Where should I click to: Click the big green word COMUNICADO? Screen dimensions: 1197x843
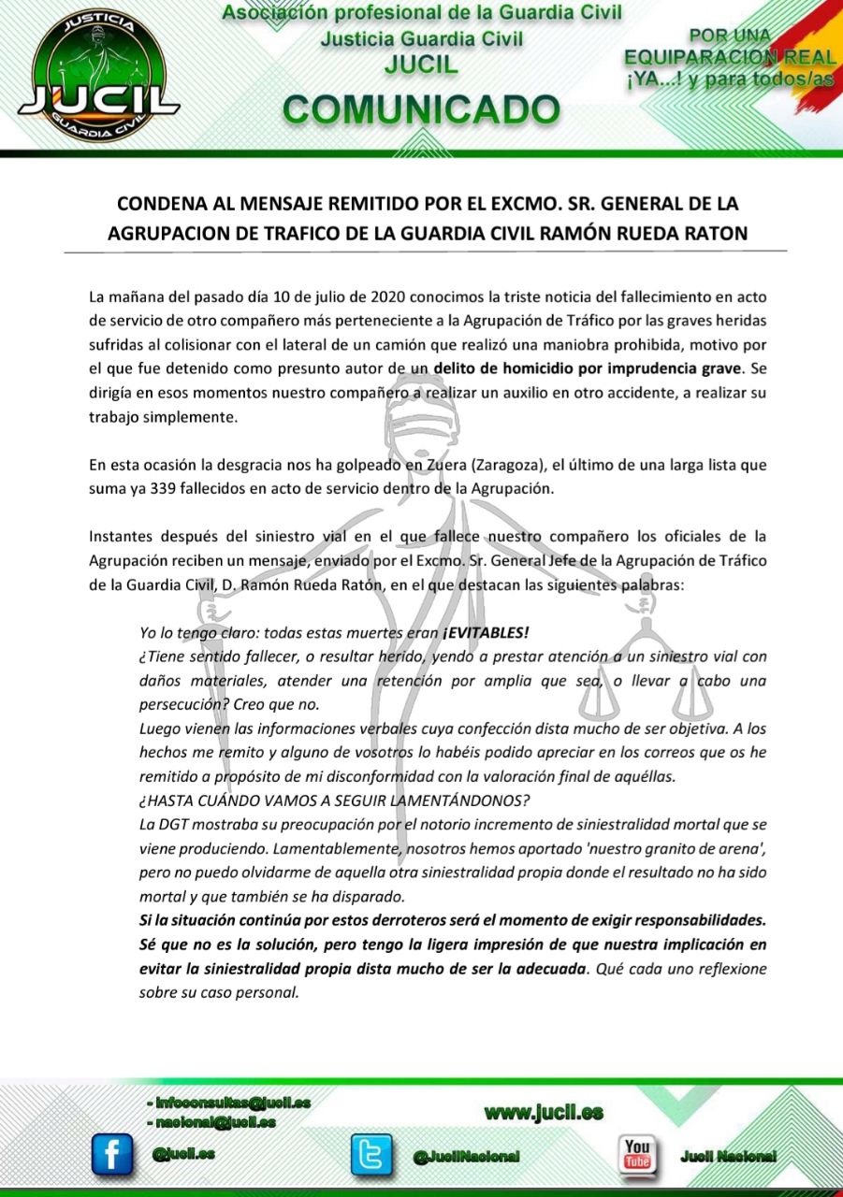pyautogui.click(x=421, y=109)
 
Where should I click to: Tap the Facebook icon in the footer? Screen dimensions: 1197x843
pyautogui.click(x=112, y=1154)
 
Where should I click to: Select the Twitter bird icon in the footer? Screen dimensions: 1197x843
pyautogui.click(x=371, y=1154)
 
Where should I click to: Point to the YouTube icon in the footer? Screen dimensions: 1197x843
pyautogui.click(x=638, y=1153)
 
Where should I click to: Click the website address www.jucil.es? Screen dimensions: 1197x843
pyautogui.click(x=544, y=1112)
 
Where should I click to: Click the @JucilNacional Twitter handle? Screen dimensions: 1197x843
pyautogui.click(x=466, y=1157)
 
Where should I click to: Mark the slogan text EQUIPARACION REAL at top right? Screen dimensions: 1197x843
pyautogui.click(x=729, y=58)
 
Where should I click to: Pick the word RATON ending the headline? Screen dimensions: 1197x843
pyautogui.click(x=717, y=233)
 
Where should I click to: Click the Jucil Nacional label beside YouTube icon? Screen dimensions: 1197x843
pyautogui.click(x=728, y=1156)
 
